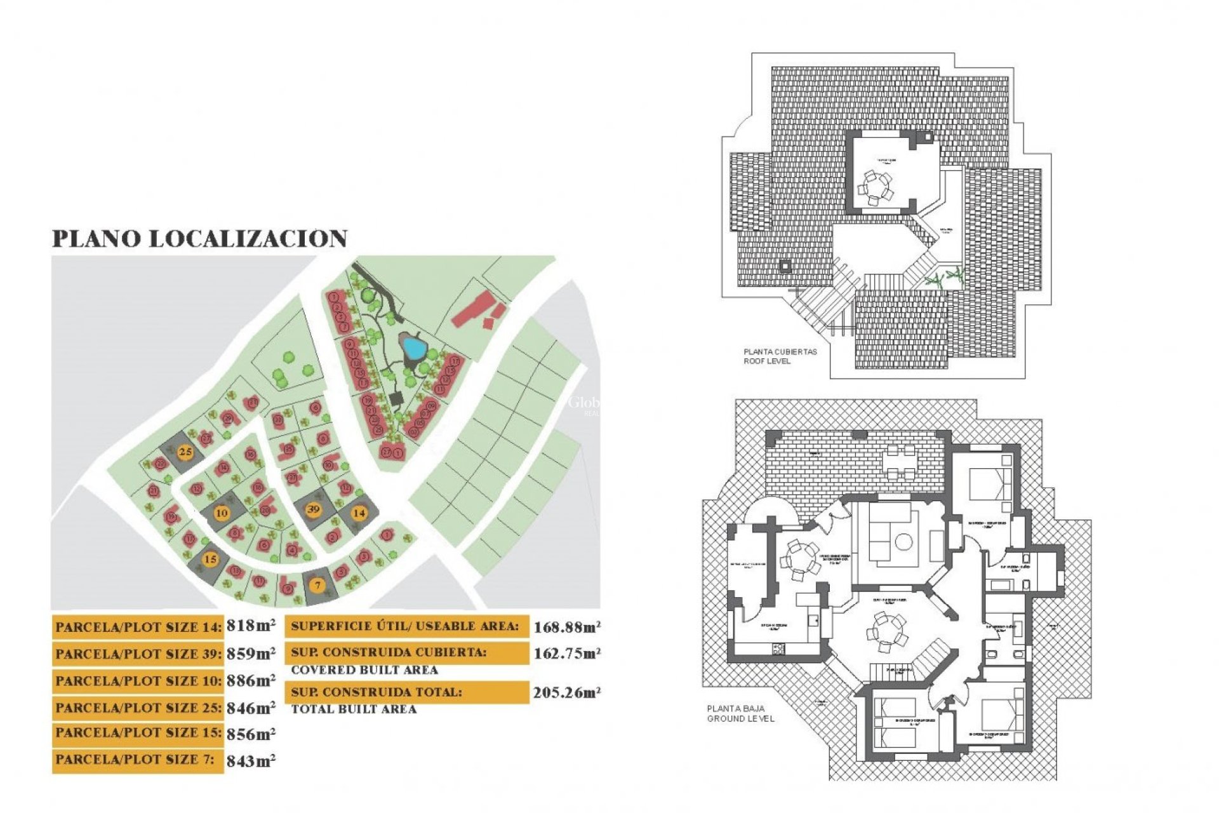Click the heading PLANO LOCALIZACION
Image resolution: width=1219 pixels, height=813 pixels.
(199, 239)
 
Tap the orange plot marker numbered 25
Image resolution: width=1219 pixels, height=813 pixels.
(185, 452)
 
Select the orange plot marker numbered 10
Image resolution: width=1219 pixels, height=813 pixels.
(222, 513)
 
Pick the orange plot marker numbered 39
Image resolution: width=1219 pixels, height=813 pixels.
(313, 509)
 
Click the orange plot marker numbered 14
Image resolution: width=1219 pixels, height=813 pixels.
(359, 513)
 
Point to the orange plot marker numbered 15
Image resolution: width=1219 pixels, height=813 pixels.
(210, 559)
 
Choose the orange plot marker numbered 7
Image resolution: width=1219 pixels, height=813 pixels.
(318, 585)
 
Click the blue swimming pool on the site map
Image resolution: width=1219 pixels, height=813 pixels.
(414, 347)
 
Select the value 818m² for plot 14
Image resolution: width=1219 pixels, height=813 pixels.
(251, 626)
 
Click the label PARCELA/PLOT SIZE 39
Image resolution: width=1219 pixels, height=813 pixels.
(138, 654)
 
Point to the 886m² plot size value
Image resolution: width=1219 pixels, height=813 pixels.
(251, 681)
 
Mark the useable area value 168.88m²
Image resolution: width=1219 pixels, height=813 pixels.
(566, 628)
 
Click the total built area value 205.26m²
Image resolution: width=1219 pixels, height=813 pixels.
(566, 693)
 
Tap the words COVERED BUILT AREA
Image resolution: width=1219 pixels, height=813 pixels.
(364, 670)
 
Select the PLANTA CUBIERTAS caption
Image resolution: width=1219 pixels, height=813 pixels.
(780, 351)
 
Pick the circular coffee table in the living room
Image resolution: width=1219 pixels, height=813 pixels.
(903, 542)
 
